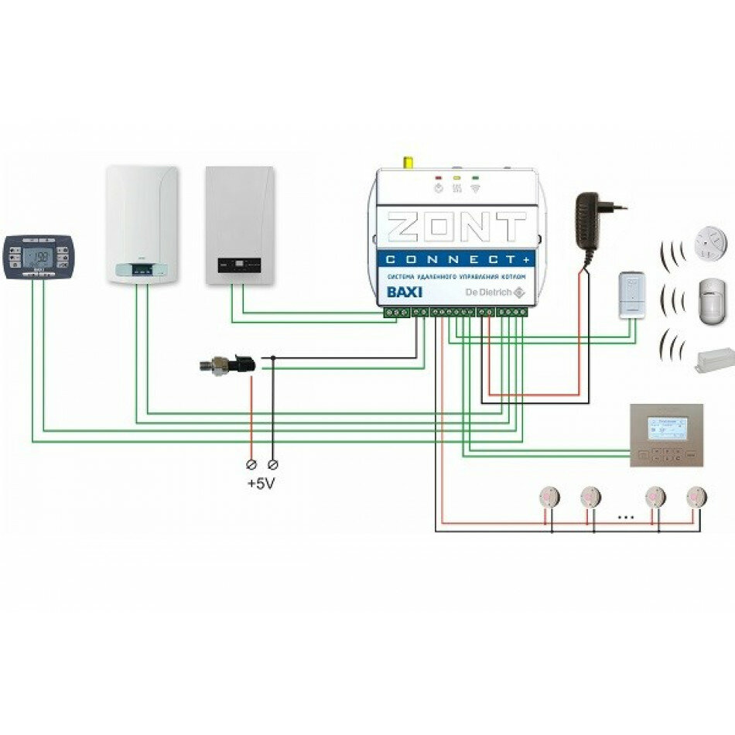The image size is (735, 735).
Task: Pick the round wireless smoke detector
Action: (x=710, y=241)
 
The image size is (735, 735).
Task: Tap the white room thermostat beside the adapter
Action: (x=633, y=295)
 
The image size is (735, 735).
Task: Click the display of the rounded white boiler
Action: (x=142, y=270)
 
